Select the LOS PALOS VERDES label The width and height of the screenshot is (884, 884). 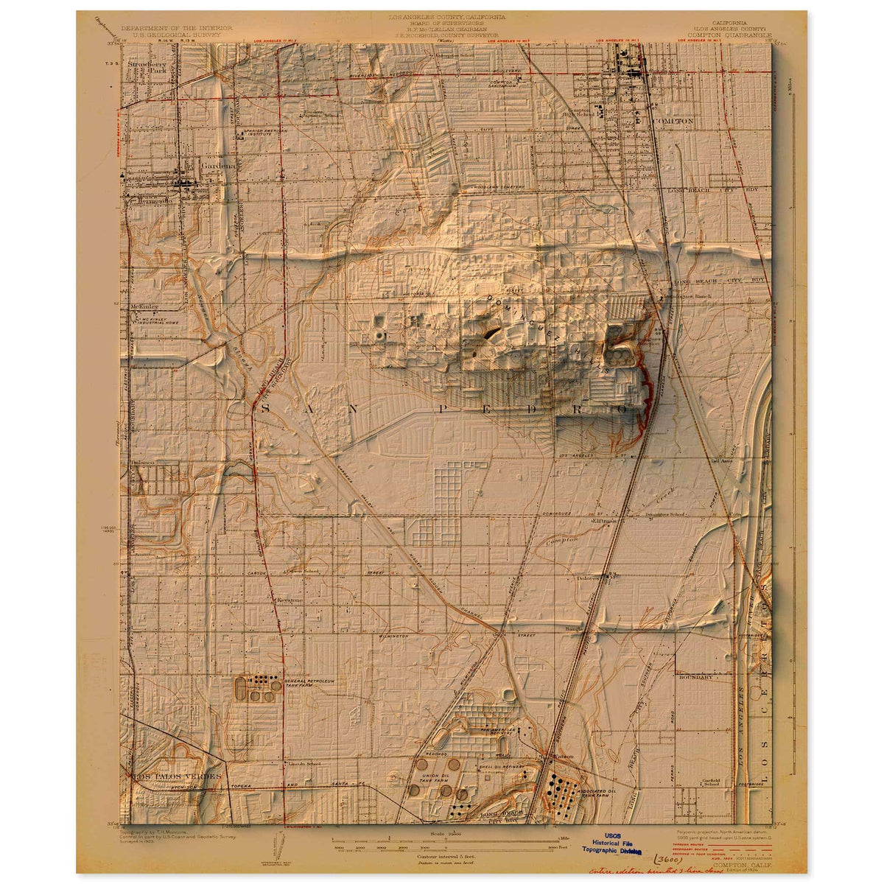point(177,776)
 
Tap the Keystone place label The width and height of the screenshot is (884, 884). point(289,600)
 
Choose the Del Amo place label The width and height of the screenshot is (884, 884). point(720,461)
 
